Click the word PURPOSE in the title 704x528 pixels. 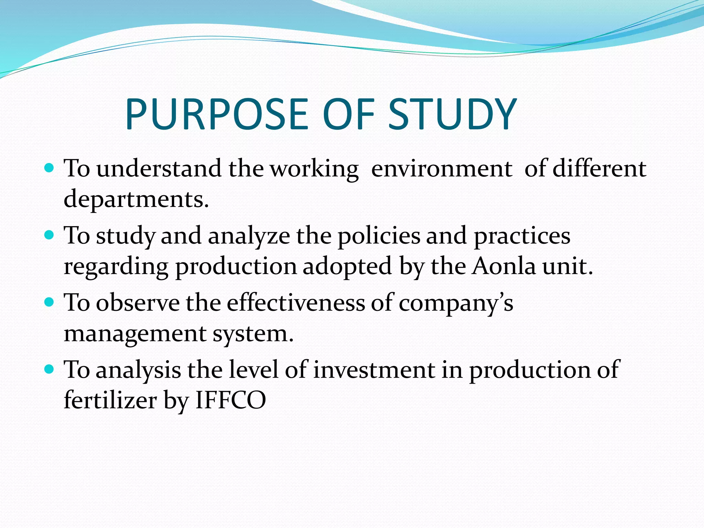[x=217, y=114]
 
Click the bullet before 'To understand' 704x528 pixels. [x=49, y=168]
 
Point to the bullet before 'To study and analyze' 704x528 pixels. [x=49, y=235]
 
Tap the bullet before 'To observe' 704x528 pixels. [x=49, y=302]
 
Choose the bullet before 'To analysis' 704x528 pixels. [x=49, y=370]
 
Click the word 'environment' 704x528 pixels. [x=442, y=169]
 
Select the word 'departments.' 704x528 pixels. [x=136, y=199]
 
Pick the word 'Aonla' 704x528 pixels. [x=504, y=266]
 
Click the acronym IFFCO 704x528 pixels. [x=231, y=400]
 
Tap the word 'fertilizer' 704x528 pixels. [x=110, y=400]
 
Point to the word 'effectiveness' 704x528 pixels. [x=296, y=303]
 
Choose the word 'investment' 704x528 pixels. [x=374, y=370]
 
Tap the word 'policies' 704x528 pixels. [x=379, y=236]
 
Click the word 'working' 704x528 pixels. [x=314, y=169]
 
